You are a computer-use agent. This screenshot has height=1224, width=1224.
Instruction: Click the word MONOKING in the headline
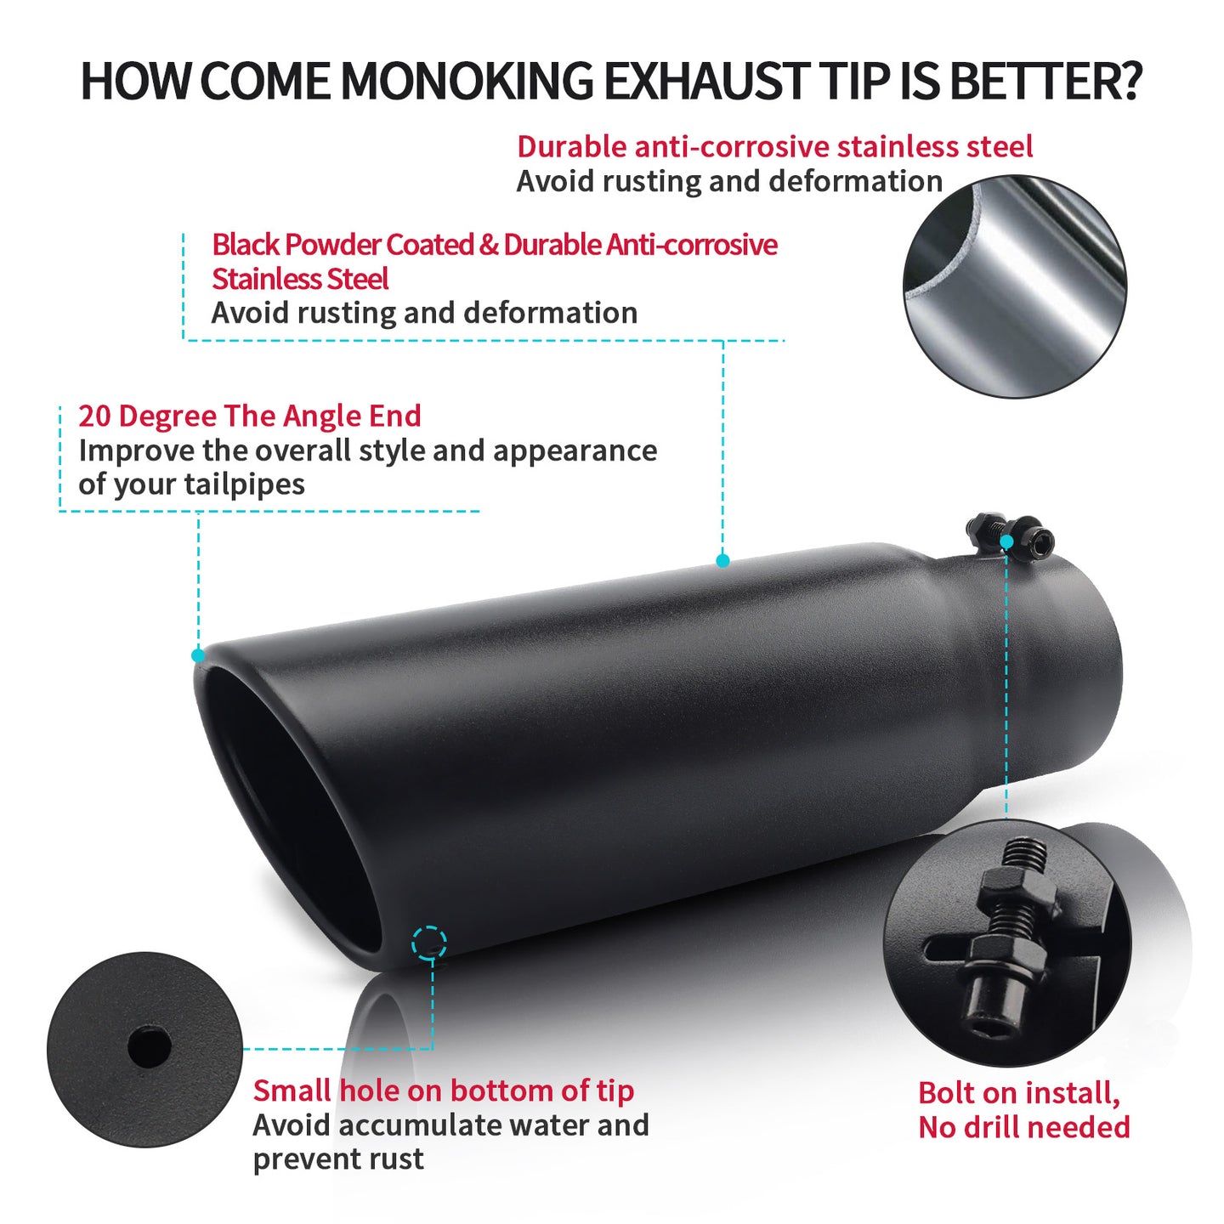click(466, 82)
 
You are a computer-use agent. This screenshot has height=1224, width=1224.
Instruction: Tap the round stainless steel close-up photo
click(1014, 286)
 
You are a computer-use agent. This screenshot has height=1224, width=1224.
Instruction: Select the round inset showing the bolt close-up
click(1007, 943)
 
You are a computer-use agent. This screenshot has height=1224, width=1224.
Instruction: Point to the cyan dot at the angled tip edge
click(198, 655)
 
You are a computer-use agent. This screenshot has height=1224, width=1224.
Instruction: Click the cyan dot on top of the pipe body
click(722, 560)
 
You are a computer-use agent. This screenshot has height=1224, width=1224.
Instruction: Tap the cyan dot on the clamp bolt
click(1006, 541)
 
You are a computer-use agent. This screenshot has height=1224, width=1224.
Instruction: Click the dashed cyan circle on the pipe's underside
click(428, 943)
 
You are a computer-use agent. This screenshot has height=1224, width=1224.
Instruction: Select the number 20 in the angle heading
click(94, 416)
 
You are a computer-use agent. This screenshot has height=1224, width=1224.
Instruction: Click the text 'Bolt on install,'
click(1018, 1093)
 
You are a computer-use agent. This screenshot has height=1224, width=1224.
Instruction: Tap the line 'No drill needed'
click(1023, 1128)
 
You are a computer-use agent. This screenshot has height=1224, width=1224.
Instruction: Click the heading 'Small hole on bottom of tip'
click(443, 1091)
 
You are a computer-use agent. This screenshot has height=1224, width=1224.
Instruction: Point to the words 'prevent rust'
click(337, 1159)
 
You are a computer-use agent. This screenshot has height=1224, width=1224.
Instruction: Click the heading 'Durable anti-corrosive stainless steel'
click(774, 147)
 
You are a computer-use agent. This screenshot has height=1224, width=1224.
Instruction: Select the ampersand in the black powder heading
click(489, 245)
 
